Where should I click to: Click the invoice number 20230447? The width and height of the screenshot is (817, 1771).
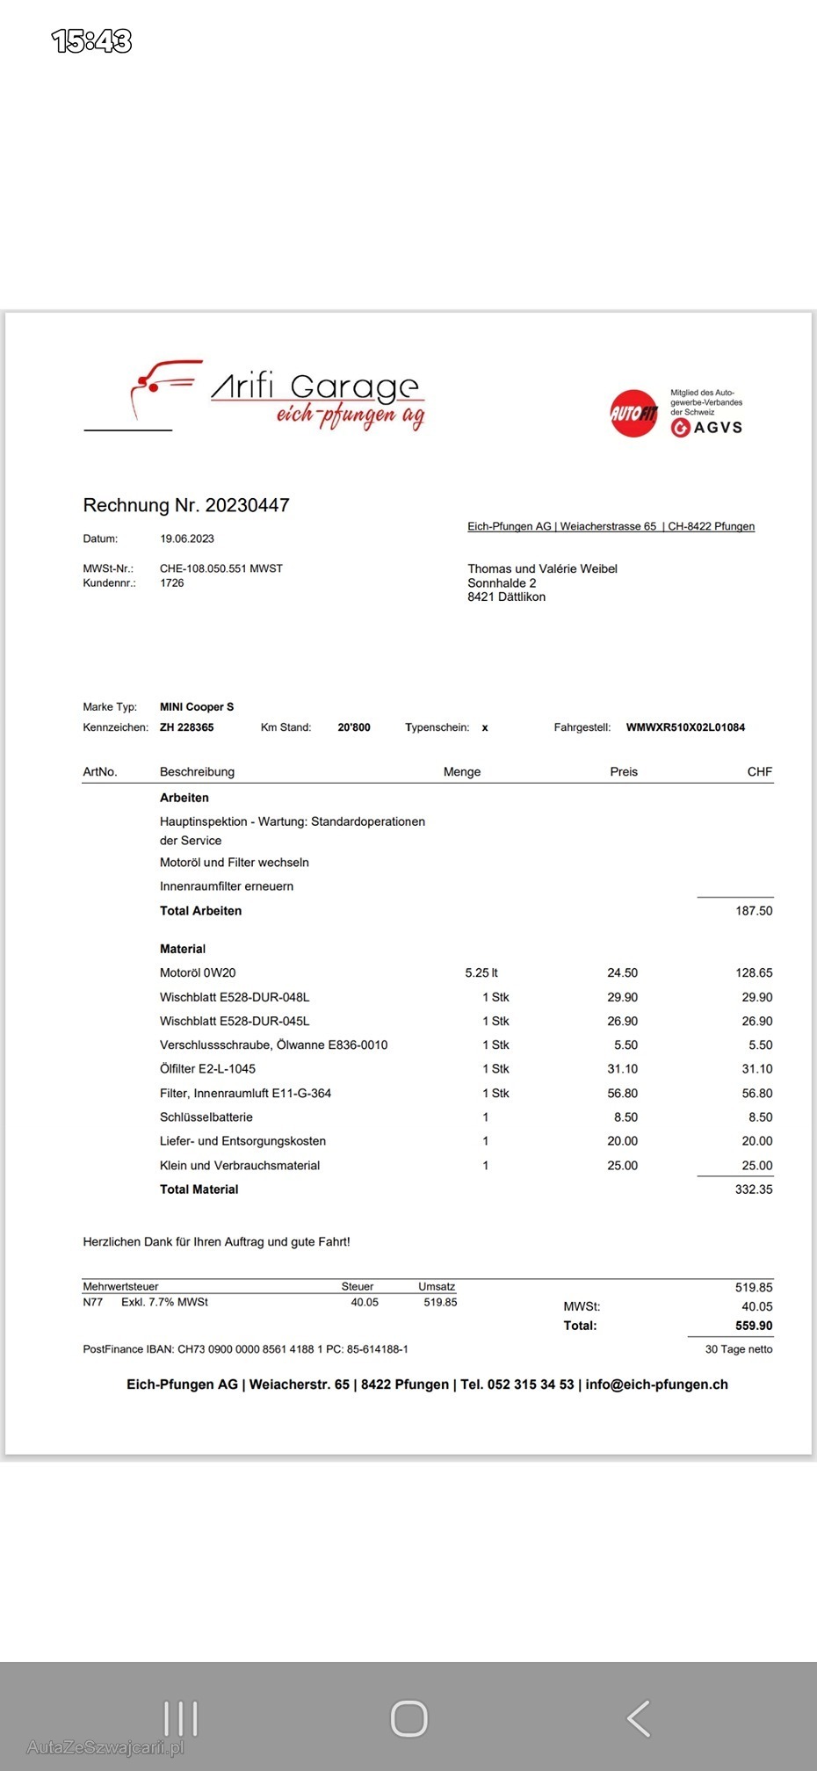point(247,505)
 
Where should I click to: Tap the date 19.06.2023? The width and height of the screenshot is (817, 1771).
point(187,539)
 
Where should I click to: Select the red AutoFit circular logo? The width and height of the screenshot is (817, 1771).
point(633,413)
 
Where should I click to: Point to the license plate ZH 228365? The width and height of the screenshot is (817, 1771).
point(187,727)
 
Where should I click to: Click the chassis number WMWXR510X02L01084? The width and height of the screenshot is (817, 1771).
point(685,727)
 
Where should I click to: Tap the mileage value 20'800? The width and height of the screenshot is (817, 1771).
point(354,727)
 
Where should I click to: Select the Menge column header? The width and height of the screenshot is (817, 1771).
point(462,772)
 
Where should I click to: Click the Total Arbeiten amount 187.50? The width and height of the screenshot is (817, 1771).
point(754,911)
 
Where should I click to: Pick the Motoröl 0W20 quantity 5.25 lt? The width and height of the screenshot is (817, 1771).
point(481,973)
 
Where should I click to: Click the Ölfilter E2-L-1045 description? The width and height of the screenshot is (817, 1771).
point(208,1069)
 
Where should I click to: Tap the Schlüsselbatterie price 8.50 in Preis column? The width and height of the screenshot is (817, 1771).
point(625,1117)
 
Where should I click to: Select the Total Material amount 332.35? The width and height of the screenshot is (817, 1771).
point(754,1189)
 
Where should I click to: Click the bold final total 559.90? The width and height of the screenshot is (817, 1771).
point(754,1326)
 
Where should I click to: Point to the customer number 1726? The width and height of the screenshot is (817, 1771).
point(172,583)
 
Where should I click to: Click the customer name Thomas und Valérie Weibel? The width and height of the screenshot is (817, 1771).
point(542,569)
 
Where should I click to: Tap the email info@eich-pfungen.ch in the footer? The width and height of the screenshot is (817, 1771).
point(656,1384)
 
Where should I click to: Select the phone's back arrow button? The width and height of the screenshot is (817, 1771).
point(639,1718)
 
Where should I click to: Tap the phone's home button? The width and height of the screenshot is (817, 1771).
point(408,1718)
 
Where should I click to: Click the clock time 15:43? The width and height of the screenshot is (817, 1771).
point(91,41)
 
